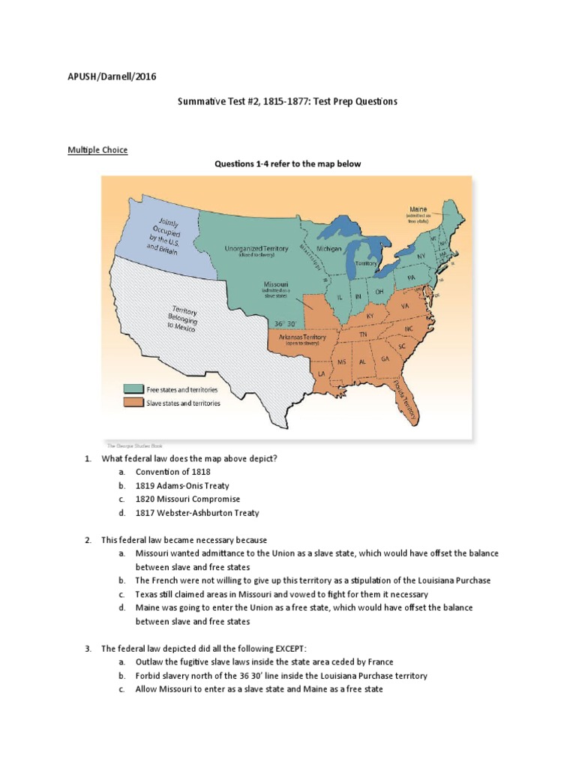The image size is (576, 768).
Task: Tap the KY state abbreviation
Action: (370, 316)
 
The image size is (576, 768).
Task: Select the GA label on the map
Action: (385, 359)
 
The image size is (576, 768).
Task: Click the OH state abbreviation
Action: (380, 291)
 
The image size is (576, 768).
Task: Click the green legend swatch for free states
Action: (134, 389)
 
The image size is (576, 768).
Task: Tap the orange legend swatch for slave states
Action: (134, 403)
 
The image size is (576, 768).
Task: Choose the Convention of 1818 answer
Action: (172, 472)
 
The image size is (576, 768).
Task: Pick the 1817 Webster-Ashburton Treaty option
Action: (197, 513)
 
